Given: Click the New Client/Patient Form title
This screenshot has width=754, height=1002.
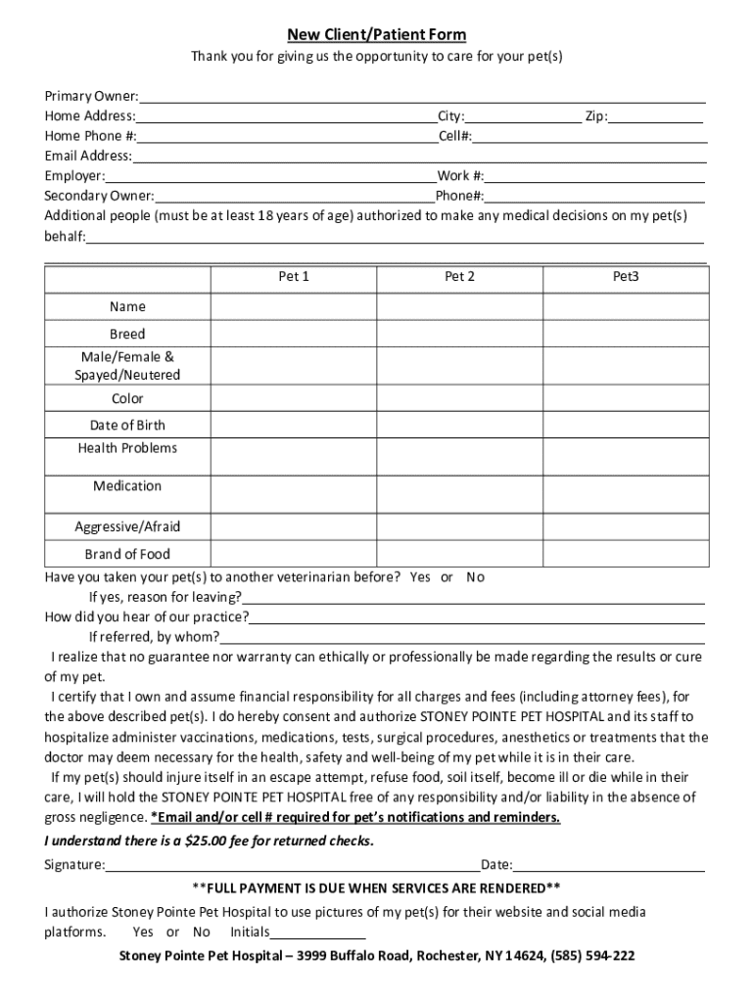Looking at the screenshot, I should click(376, 35).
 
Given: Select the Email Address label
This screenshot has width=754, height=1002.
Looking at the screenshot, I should click(87, 156).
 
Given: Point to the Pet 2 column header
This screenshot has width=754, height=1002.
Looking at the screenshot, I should click(460, 277).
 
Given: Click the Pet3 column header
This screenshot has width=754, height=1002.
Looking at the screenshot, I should click(626, 277).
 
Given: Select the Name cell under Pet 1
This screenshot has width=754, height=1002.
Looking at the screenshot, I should click(294, 307).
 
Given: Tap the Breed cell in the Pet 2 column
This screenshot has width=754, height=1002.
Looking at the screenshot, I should click(460, 334).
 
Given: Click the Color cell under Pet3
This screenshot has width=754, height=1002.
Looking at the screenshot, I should click(626, 398).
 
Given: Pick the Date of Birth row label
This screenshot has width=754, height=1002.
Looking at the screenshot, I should click(127, 425).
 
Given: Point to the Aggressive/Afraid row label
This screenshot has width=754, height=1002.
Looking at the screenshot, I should click(127, 526).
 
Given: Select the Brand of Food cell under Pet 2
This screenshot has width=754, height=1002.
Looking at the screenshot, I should click(460, 554).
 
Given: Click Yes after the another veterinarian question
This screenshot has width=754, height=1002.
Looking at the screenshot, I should click(420, 577).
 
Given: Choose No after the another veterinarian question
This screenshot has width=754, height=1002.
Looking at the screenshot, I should click(475, 577).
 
